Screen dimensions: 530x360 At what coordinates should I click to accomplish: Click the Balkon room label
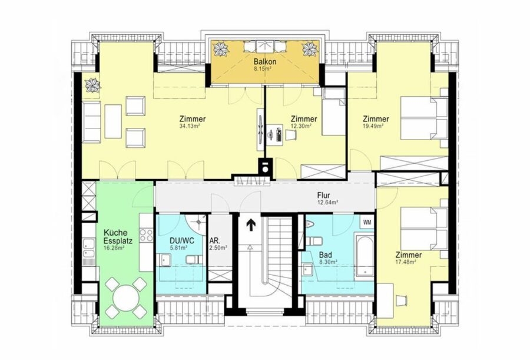[265, 62]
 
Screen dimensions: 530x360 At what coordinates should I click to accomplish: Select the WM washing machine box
[367, 222]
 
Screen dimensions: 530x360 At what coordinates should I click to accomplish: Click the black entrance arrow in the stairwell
[251, 225]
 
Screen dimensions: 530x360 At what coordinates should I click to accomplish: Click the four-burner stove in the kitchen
[147, 236]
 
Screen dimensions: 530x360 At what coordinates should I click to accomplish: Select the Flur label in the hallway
[323, 196]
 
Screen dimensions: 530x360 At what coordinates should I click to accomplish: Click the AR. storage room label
[215, 240]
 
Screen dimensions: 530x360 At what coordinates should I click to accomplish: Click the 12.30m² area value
[301, 126]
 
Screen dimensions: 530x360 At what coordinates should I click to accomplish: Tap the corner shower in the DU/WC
[197, 223]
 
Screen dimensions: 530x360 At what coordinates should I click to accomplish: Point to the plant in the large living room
[92, 85]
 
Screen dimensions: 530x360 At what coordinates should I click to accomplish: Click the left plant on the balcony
[221, 49]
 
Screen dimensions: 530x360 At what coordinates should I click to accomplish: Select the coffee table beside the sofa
[113, 121]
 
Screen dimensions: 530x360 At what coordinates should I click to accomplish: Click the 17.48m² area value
[406, 262]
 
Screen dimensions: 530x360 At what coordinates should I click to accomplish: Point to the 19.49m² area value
[373, 126]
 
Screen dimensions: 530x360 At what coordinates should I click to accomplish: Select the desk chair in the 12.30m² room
[291, 135]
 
